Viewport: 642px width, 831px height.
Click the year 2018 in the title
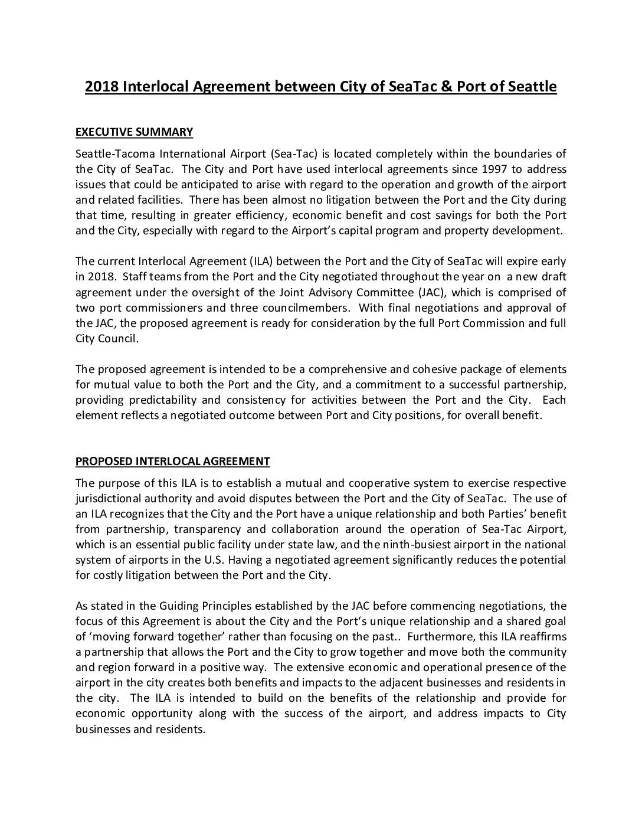(101, 87)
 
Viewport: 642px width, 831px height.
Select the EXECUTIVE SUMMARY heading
(134, 132)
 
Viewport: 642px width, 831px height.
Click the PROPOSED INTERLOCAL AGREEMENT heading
(172, 462)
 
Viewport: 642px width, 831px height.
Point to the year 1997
(494, 169)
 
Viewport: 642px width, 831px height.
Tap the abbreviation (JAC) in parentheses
(431, 292)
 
